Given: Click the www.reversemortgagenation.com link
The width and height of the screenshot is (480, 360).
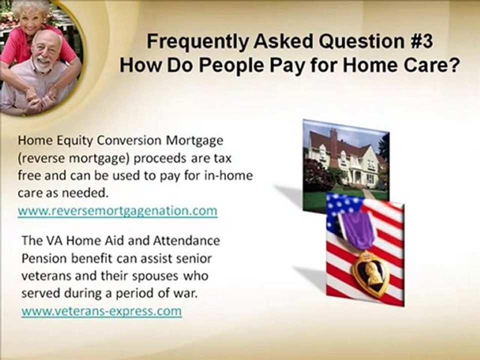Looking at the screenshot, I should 117,211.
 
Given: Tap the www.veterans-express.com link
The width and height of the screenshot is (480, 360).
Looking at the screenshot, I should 101,311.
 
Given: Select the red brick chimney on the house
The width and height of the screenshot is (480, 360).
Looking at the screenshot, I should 333,142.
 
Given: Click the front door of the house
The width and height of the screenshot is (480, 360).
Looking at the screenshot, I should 358,177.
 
